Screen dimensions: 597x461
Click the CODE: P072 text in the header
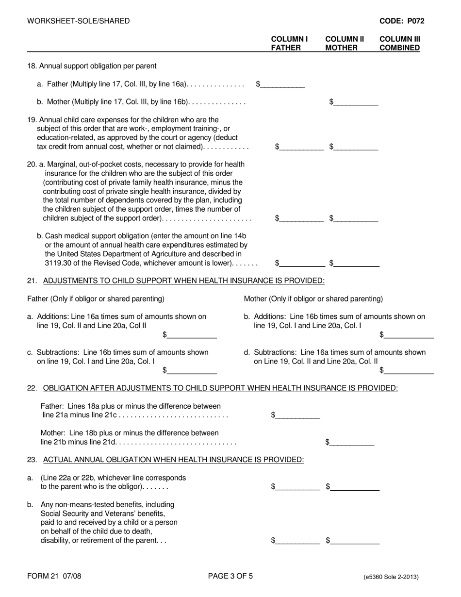[401, 21]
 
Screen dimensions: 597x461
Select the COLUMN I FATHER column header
[289, 43]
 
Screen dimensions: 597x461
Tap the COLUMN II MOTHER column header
[341, 43]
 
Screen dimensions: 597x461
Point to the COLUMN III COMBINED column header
[400, 43]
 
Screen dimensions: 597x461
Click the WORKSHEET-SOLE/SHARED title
[79, 21]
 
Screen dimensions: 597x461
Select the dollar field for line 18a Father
[283, 84]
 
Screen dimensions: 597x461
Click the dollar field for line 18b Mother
[356, 102]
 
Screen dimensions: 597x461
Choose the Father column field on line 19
[302, 147]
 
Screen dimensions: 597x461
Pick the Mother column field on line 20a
[356, 218]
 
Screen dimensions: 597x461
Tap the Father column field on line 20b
[302, 263]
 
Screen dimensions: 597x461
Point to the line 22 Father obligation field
[298, 415]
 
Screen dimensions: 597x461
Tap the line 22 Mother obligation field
[352, 442]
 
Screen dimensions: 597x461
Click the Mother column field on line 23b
[355, 540]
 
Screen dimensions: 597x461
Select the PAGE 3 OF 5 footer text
[230, 577]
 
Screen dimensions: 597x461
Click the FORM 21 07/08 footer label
[54, 577]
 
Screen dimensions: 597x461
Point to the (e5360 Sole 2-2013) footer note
[391, 577]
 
